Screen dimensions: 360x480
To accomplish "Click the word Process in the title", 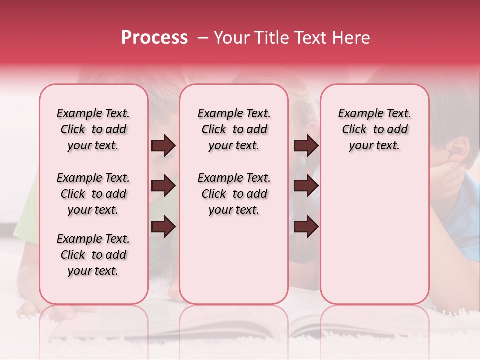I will [x=154, y=38].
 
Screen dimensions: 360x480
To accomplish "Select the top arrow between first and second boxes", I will [x=163, y=146].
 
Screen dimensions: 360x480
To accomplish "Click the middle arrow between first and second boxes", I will [x=163, y=186].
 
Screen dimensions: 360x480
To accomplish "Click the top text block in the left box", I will [x=93, y=129].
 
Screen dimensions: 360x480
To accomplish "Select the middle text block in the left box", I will [x=93, y=194].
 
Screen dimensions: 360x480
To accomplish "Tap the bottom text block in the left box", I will [x=93, y=255].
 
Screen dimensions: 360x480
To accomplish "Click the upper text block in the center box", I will [x=234, y=129].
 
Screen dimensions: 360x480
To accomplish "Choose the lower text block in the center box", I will [x=234, y=194].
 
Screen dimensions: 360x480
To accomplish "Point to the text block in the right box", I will [x=374, y=129].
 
